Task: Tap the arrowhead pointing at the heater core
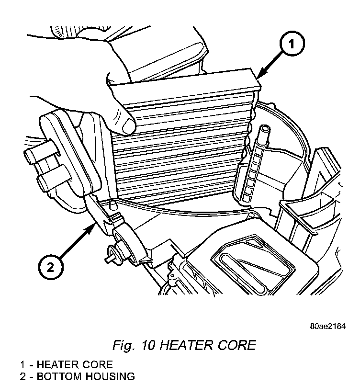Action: [259, 77]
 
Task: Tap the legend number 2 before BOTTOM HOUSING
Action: [22, 376]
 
